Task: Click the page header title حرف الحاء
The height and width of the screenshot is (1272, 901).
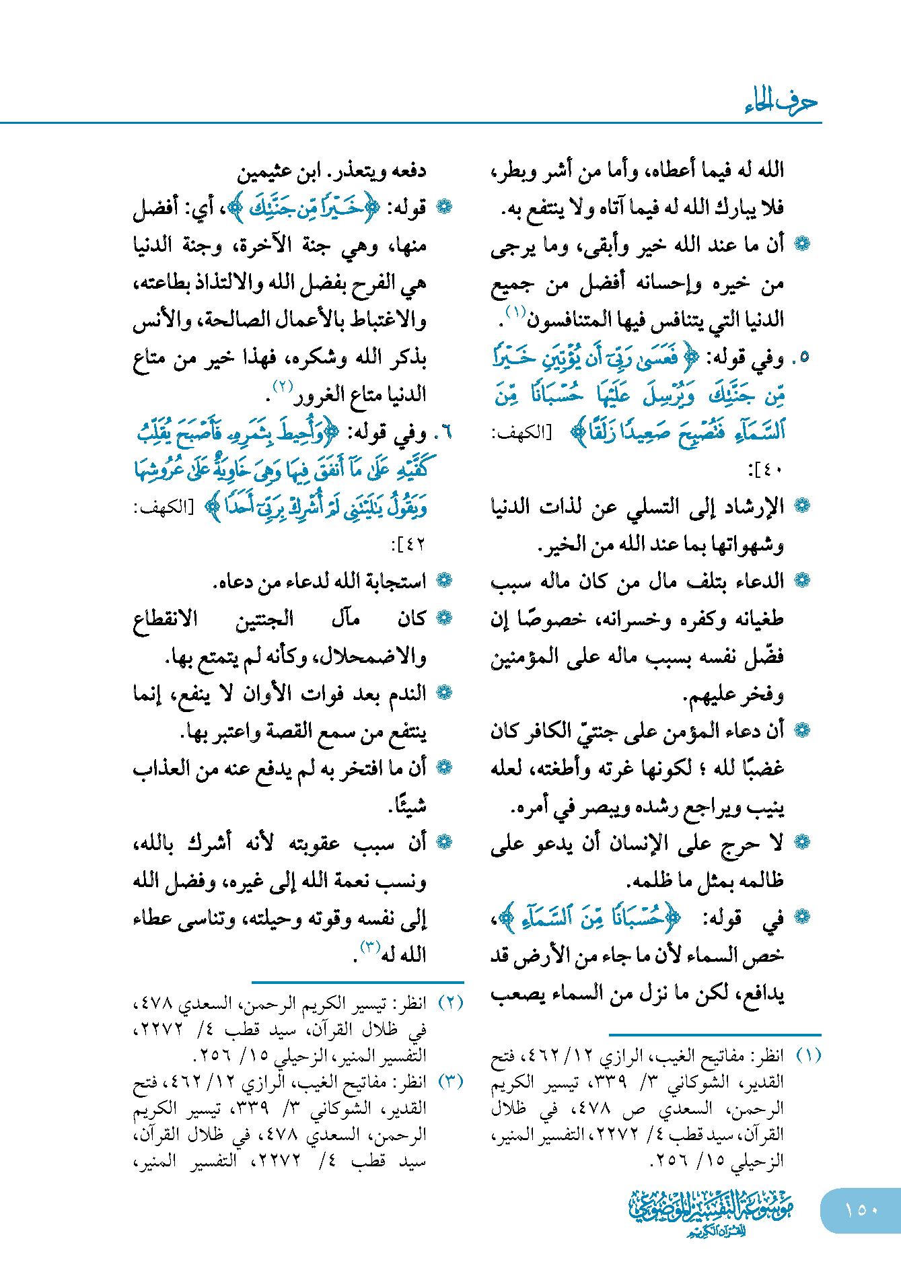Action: point(781,102)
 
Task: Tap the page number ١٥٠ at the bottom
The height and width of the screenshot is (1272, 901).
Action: point(861,1209)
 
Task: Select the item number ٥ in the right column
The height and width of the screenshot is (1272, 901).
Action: point(803,358)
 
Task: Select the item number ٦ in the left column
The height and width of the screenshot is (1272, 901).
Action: point(445,433)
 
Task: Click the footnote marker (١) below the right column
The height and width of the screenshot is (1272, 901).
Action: point(808,1055)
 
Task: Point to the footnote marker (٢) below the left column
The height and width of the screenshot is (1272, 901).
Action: point(450,1003)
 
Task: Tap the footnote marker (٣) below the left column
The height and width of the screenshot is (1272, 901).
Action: point(450,1082)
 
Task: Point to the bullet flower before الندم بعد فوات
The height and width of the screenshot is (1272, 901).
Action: point(444,692)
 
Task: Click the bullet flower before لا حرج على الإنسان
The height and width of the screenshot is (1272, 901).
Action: point(802,842)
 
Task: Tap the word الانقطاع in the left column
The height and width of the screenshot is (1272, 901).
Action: point(166,619)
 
